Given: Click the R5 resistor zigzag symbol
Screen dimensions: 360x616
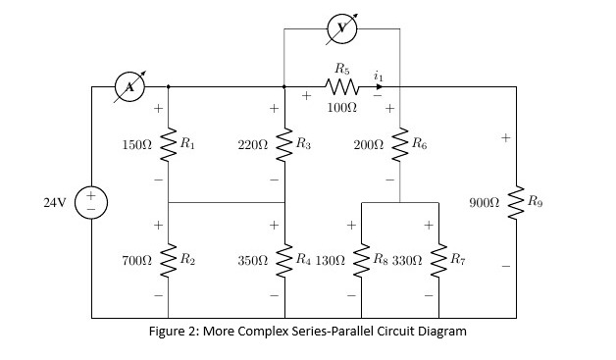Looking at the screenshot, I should coord(341,87).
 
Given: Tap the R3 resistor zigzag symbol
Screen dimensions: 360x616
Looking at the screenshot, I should coord(284,144).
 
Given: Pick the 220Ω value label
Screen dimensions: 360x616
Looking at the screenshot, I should coord(253,144).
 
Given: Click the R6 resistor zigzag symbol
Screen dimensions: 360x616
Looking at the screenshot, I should coord(400,144).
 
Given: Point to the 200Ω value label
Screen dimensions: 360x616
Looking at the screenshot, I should coord(368,144).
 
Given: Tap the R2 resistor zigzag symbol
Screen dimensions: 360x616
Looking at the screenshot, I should coord(169,260).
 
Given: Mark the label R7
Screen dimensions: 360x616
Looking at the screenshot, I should coord(457,260).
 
